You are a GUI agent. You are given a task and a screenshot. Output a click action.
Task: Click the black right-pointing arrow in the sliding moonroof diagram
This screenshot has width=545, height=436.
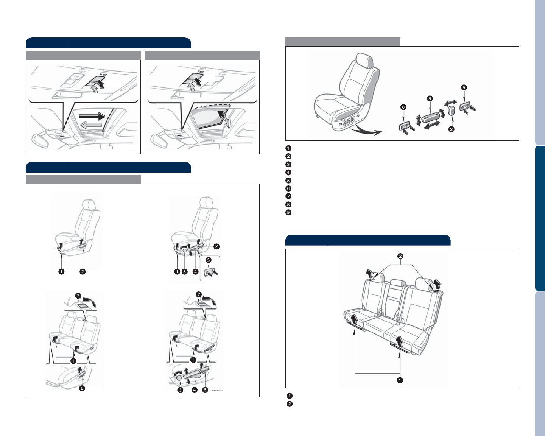point(92,116)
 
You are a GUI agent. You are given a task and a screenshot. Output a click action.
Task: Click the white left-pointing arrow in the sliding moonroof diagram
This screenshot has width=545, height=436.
point(90,124)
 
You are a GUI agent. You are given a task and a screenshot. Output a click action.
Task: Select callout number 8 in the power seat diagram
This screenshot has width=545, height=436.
point(403,107)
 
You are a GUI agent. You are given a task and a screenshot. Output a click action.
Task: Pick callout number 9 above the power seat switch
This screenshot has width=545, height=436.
point(430,98)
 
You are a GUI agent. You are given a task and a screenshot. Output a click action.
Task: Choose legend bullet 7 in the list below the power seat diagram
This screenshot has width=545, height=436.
point(288,196)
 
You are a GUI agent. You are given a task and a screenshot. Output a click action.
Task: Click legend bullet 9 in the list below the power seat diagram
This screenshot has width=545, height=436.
point(288,212)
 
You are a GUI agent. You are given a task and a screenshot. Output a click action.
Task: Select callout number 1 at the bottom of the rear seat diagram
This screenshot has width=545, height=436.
point(400,380)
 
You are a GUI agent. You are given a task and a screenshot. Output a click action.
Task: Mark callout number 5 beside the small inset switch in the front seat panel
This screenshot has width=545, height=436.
point(209,260)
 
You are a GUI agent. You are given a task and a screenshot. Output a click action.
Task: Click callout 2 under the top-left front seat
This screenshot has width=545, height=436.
point(83,271)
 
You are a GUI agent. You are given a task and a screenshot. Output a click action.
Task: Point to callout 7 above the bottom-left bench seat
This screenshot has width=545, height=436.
point(78,295)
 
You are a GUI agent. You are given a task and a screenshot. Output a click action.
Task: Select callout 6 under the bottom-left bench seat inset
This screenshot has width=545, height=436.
point(82,388)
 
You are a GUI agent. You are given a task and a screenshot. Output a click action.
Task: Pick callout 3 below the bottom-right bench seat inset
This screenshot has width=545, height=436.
point(180,390)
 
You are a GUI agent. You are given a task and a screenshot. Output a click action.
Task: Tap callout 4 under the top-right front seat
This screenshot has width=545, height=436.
point(195,271)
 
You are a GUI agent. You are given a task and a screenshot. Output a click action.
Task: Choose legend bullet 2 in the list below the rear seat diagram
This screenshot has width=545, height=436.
point(289,404)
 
